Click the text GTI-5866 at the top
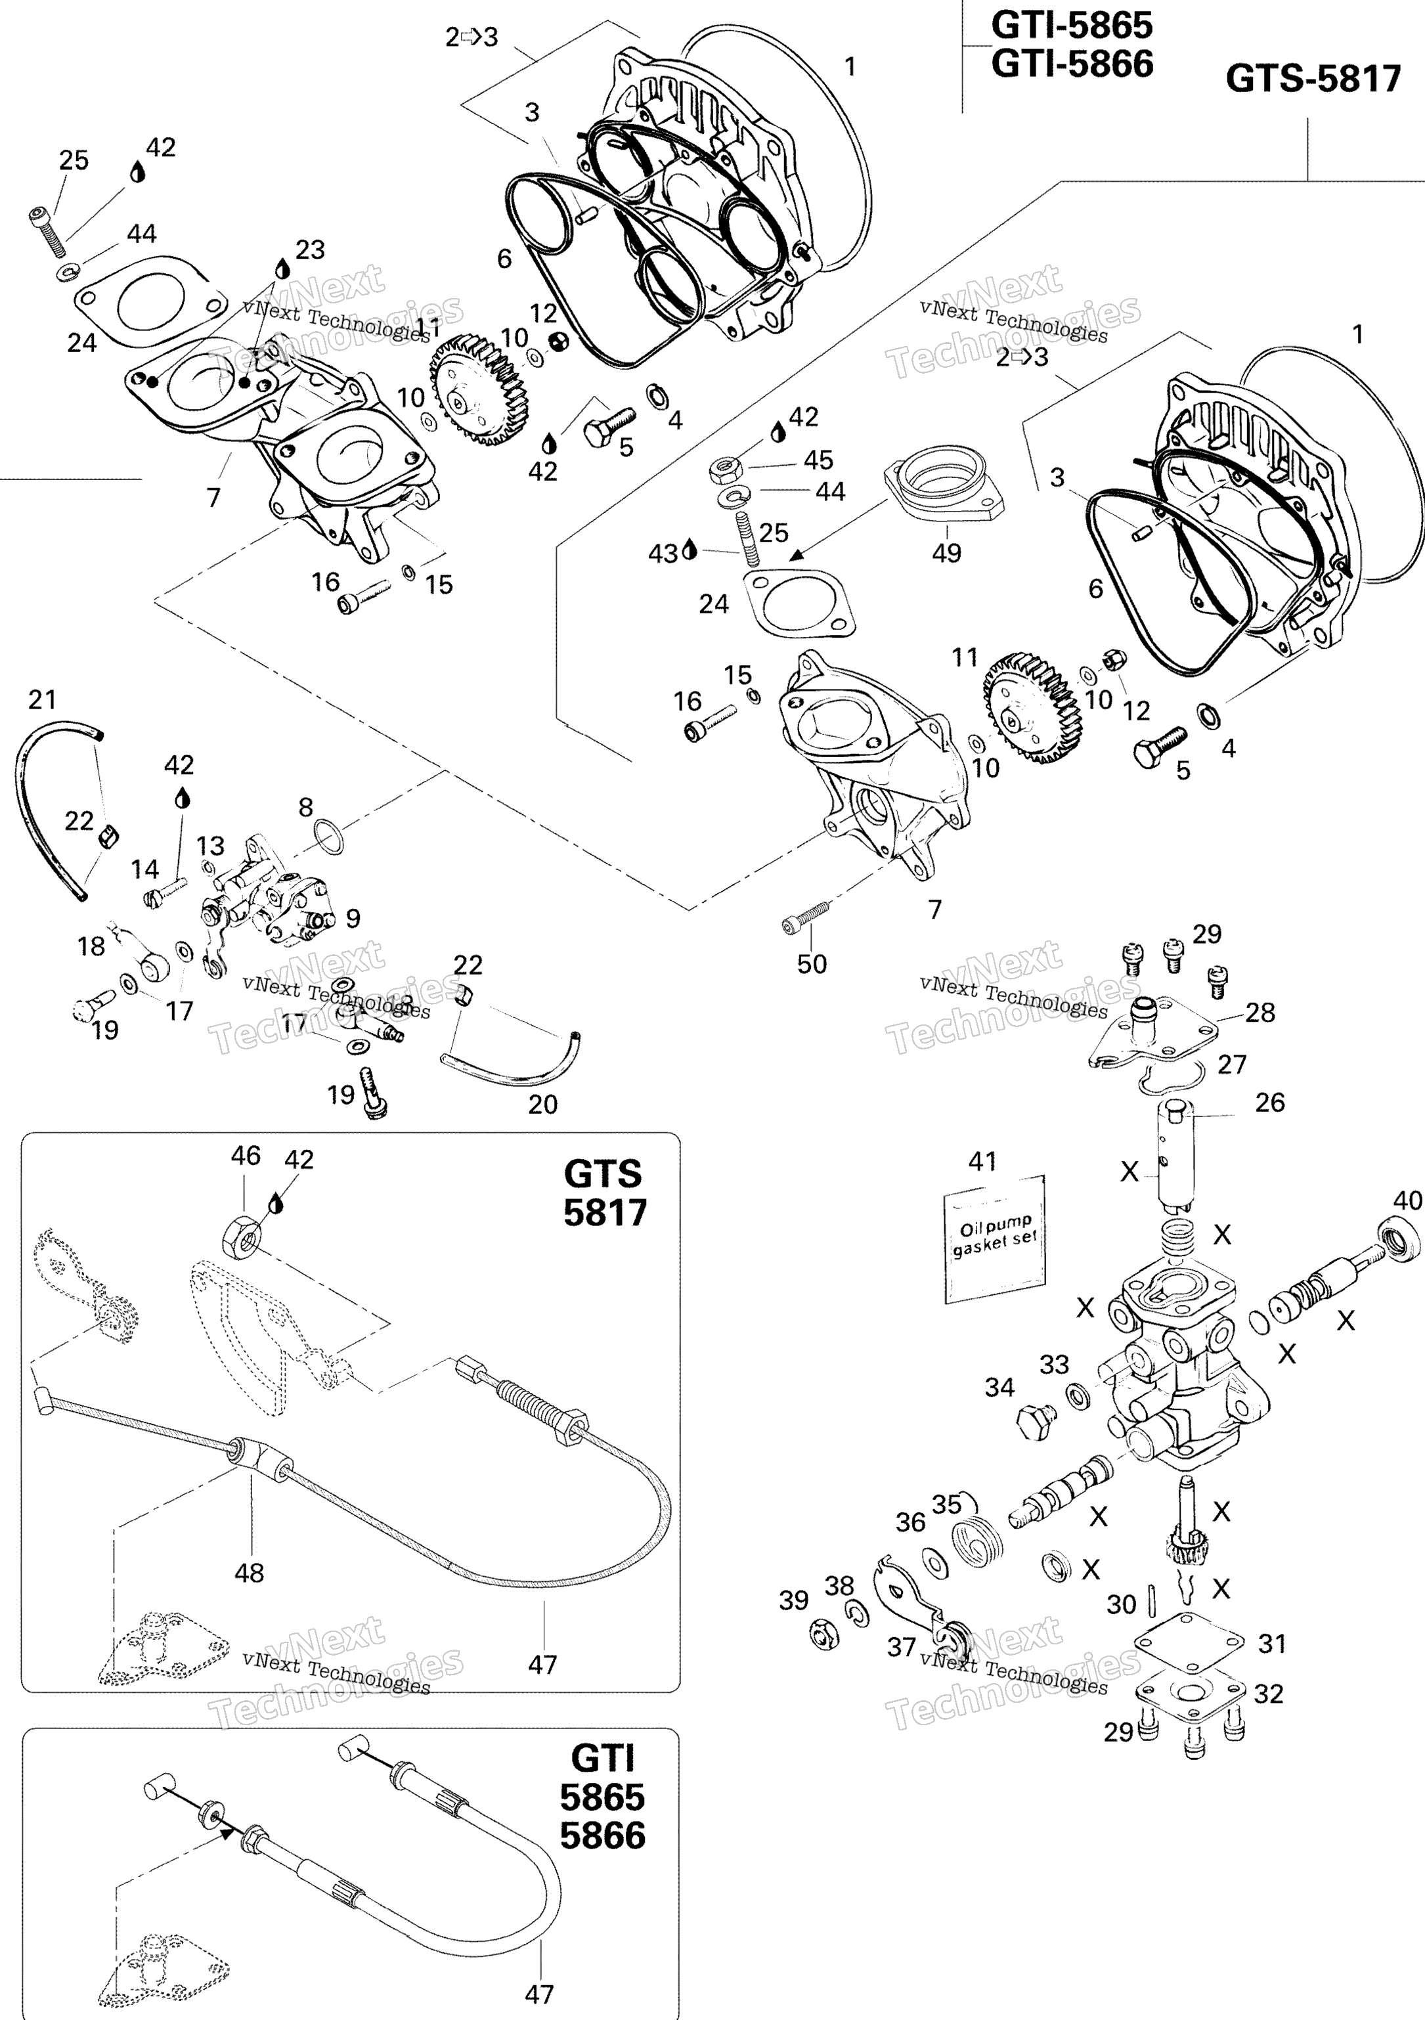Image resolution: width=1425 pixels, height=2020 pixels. click(x=1072, y=64)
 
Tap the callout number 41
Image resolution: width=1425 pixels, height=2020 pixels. click(x=982, y=1161)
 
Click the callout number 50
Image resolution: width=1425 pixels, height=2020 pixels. click(x=811, y=964)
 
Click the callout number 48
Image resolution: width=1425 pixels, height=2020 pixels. click(x=249, y=1572)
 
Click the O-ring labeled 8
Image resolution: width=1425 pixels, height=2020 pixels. click(x=329, y=836)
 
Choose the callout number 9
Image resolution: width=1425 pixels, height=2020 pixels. click(x=353, y=919)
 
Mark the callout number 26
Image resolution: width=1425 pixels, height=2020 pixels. click(x=1269, y=1103)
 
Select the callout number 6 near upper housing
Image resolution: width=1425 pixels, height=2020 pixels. click(x=504, y=259)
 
